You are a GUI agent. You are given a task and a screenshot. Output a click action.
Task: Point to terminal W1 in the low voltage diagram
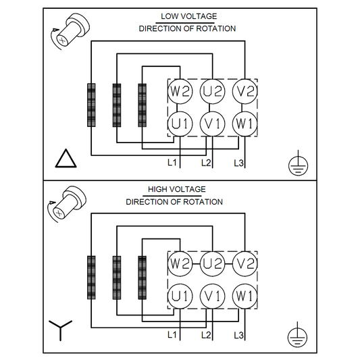[x=245, y=124]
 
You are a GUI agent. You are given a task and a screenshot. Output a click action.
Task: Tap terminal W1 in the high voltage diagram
[x=245, y=296]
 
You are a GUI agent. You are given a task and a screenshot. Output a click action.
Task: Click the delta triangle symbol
[x=66, y=159]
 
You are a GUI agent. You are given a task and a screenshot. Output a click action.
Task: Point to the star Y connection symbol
[x=60, y=330]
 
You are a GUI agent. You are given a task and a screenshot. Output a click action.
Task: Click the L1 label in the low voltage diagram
[x=172, y=163]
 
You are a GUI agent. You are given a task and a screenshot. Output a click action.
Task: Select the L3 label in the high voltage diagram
[x=238, y=335]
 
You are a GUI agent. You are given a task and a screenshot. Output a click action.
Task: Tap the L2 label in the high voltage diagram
[x=206, y=335]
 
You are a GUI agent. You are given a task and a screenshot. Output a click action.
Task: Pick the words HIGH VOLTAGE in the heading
[x=176, y=189]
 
